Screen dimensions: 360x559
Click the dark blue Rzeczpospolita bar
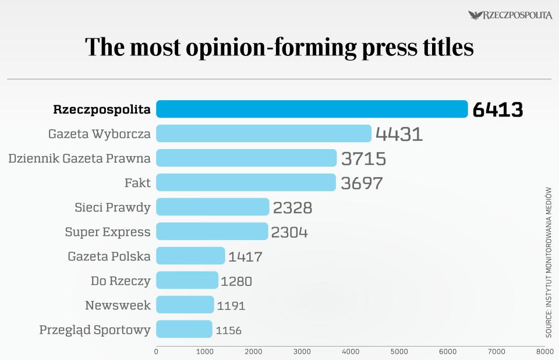pos(312,109)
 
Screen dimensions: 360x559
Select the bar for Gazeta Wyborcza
pos(263,133)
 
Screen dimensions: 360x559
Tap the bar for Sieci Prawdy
pos(213,207)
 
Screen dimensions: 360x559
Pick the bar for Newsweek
pos(185,305)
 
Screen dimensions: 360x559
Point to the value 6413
pos(497,110)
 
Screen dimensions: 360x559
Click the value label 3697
pos(362,183)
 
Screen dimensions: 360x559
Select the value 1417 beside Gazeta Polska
pos(245,256)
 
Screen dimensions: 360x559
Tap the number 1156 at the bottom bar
pos(228,330)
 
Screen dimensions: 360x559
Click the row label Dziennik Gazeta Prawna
pos(79,158)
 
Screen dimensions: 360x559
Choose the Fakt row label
pos(137,183)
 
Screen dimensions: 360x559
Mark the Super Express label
pos(108,232)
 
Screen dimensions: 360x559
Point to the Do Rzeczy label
pos(121,281)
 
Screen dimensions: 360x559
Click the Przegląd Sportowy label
pos(95,330)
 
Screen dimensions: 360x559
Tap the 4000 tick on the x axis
pos(351,352)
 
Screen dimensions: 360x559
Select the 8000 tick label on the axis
pos(544,352)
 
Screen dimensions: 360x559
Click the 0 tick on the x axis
pos(156,352)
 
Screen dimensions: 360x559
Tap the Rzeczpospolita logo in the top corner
pos(510,15)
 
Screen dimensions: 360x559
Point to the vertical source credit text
pos(549,262)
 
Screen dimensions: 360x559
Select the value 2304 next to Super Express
pos(290,232)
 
